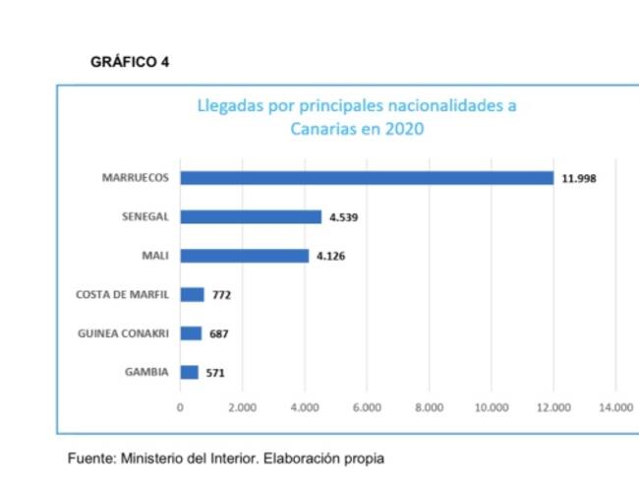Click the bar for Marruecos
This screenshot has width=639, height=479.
click(367, 178)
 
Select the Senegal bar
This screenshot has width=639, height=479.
click(251, 216)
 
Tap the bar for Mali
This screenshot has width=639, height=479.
click(244, 256)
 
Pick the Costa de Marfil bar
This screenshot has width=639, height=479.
click(192, 294)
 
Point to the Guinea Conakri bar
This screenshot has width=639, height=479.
click(191, 333)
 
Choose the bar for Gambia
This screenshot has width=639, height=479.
click(189, 372)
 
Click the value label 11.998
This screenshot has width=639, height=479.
click(579, 179)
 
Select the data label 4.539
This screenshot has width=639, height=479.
click(343, 217)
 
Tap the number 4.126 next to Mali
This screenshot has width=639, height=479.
click(330, 257)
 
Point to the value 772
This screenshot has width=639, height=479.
click(221, 295)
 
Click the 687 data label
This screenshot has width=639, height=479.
click(218, 334)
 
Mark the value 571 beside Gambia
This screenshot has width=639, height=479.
click(215, 373)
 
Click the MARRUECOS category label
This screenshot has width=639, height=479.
click(136, 178)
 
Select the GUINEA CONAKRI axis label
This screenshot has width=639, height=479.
click(123, 333)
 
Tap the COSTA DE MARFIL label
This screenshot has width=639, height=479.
click(122, 294)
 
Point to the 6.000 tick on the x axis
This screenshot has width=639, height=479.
click(367, 407)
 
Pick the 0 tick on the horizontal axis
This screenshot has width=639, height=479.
click(180, 407)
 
